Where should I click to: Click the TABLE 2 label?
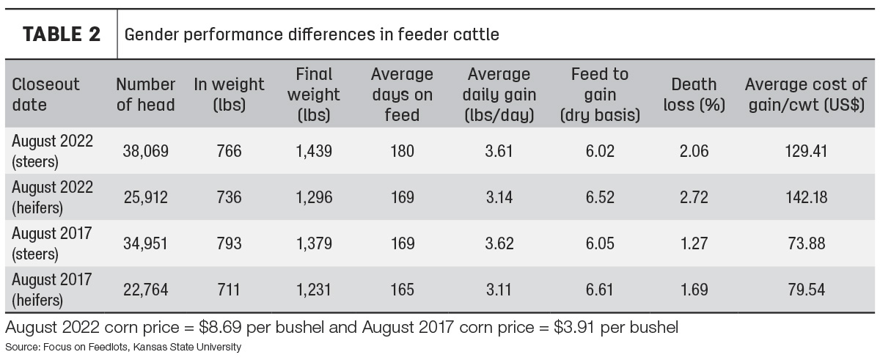click(x=62, y=34)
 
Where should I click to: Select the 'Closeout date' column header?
click(x=45, y=95)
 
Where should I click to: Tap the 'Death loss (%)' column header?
click(x=694, y=95)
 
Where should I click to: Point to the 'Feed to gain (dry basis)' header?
click(x=600, y=95)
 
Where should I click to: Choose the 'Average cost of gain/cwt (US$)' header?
click(x=806, y=95)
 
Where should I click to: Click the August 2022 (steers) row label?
click(x=52, y=151)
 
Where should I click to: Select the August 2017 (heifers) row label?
click(x=52, y=290)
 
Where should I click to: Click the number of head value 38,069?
click(x=146, y=151)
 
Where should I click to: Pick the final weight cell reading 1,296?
click(x=314, y=197)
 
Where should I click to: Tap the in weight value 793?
click(x=229, y=243)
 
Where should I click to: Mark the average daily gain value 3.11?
click(x=499, y=290)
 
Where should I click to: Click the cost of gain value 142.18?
click(x=807, y=197)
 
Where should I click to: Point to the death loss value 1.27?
click(x=694, y=243)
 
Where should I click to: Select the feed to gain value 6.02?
click(x=600, y=151)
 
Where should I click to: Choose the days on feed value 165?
click(x=403, y=290)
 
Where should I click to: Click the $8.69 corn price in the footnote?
click(x=220, y=328)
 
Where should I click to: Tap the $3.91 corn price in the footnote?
click(x=574, y=328)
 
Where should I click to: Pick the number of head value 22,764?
click(x=146, y=290)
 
